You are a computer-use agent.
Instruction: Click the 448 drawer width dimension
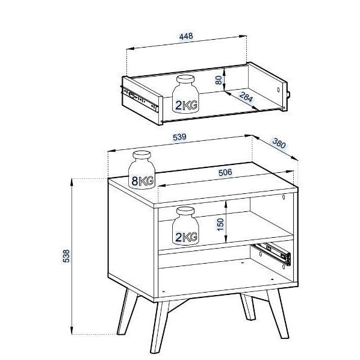pyautogui.click(x=186, y=36)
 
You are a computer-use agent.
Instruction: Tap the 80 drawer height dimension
pyautogui.click(x=219, y=80)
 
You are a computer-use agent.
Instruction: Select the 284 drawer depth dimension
pyautogui.click(x=246, y=97)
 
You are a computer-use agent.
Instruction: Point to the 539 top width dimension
pyautogui.click(x=179, y=137)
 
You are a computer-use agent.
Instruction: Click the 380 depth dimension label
pyautogui.click(x=279, y=143)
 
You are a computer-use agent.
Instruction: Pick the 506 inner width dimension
pyautogui.click(x=225, y=172)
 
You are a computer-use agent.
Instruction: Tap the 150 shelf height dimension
pyautogui.click(x=220, y=225)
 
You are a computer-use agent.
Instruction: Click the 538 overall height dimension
pyautogui.click(x=66, y=256)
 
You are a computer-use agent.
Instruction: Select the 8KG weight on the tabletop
pyautogui.click(x=141, y=170)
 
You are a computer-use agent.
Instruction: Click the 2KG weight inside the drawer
pyautogui.click(x=185, y=94)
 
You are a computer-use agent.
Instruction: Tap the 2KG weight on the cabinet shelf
pyautogui.click(x=185, y=226)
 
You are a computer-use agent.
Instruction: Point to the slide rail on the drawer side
pyautogui.click(x=139, y=98)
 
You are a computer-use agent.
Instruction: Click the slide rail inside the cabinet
pyautogui.click(x=272, y=254)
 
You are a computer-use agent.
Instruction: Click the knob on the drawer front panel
pyautogui.click(x=288, y=95)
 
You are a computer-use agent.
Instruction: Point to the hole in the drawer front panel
pyautogui.click(x=279, y=90)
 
